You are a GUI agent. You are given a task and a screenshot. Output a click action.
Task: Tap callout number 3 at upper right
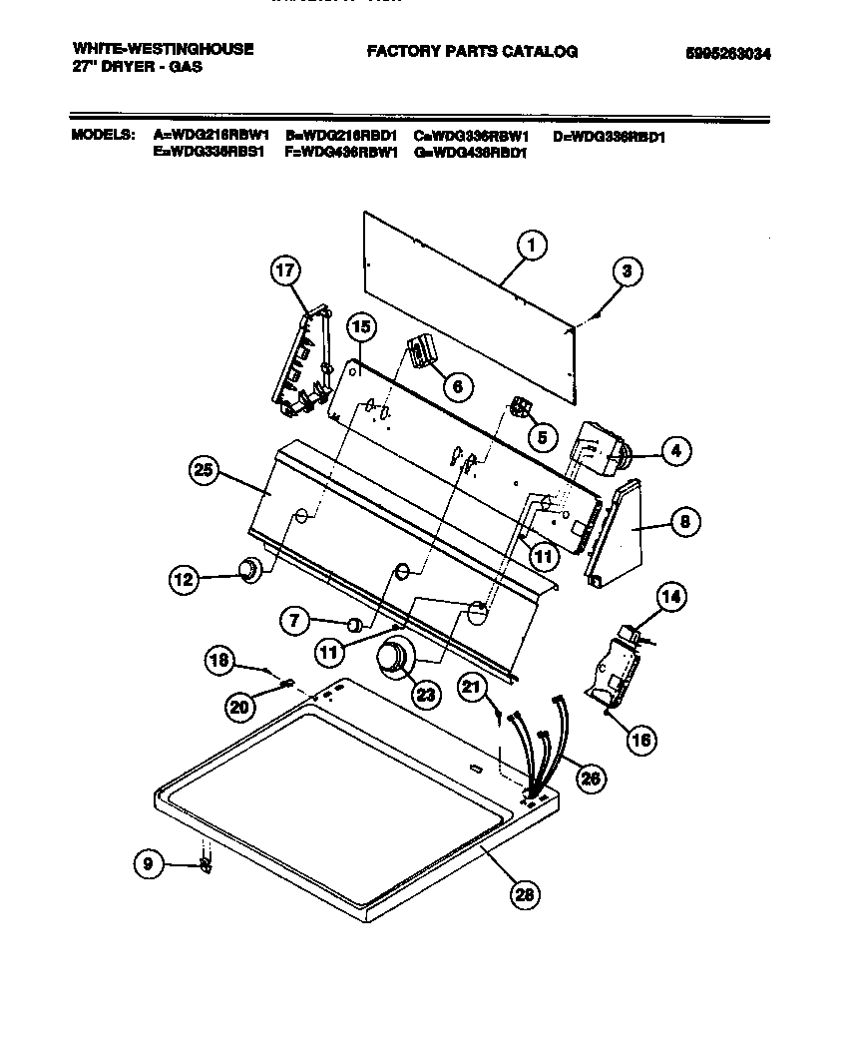pyautogui.click(x=626, y=270)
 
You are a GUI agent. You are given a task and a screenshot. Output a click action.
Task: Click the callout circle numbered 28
pyautogui.click(x=523, y=894)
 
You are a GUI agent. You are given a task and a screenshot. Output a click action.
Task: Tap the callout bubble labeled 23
pyautogui.click(x=426, y=694)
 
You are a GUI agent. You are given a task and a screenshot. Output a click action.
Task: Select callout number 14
pyautogui.click(x=671, y=598)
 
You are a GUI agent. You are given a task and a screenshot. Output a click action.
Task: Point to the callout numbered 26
pyautogui.click(x=590, y=778)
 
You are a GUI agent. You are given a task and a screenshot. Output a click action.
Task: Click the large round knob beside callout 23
pyautogui.click(x=392, y=659)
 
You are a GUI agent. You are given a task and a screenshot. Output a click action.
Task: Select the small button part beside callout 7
pyautogui.click(x=352, y=625)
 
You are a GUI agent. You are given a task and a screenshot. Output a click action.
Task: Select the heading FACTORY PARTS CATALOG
pyautogui.click(x=472, y=52)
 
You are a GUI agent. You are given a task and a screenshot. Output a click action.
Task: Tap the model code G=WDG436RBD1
pyautogui.click(x=469, y=153)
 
